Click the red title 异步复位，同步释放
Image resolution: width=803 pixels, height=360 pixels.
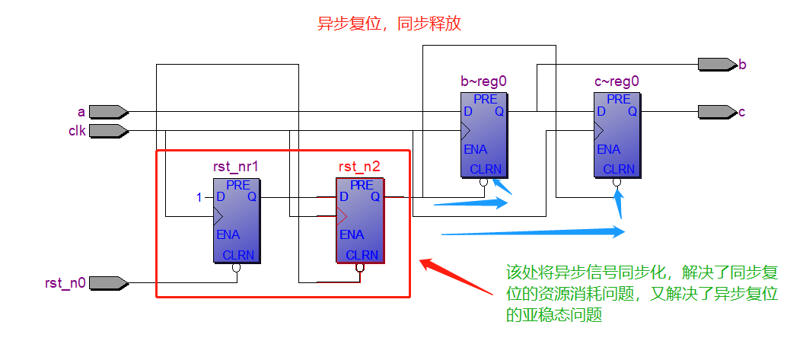(389, 24)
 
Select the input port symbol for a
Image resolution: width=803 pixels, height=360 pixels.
(108, 112)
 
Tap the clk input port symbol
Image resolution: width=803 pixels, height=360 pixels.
(108, 131)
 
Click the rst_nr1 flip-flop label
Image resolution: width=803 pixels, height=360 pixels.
(236, 167)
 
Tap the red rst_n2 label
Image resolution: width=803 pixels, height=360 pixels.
(358, 167)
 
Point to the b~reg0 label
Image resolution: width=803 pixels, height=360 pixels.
(484, 81)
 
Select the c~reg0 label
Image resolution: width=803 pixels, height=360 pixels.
(617, 81)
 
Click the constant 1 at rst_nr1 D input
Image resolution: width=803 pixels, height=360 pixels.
(199, 197)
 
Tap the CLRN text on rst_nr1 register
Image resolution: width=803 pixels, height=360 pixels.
(238, 255)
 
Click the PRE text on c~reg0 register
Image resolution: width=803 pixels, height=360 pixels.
(618, 99)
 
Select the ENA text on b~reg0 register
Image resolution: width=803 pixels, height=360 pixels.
(475, 149)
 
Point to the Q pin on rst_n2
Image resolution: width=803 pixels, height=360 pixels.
(375, 197)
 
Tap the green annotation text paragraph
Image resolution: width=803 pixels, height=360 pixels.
(642, 293)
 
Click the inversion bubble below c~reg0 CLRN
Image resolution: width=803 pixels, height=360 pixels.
(617, 183)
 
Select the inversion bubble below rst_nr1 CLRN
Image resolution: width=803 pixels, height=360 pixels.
(237, 268)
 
